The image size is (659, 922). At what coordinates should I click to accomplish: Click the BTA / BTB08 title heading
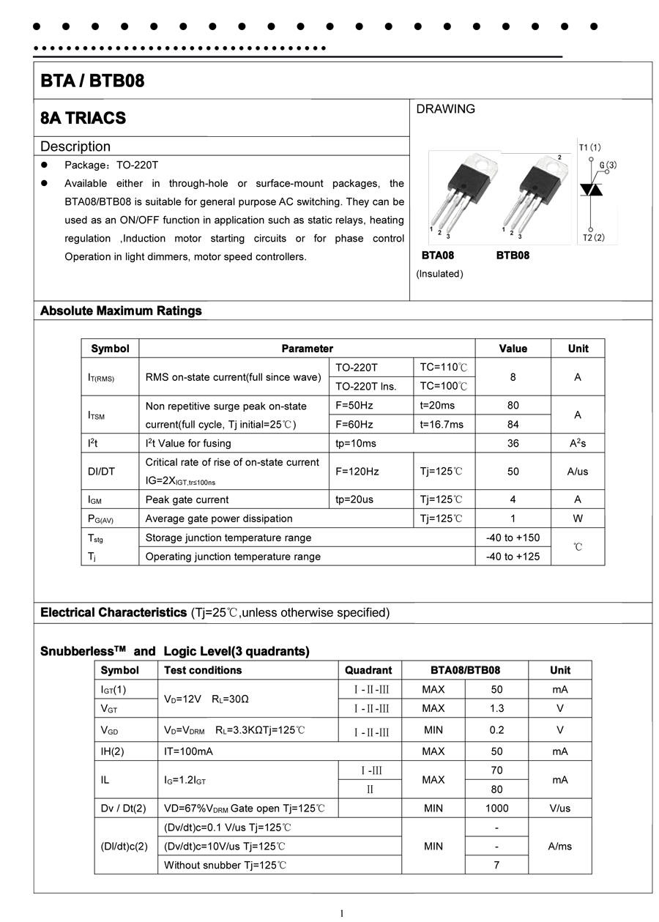pos(93,81)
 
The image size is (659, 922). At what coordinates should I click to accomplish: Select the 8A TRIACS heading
pos(83,118)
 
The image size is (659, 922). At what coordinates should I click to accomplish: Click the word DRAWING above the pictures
pos(445,109)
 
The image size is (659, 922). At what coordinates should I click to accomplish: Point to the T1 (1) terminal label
pos(589,147)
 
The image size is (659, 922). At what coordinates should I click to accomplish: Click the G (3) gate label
pos(608,166)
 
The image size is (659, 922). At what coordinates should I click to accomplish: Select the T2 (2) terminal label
pos(594,237)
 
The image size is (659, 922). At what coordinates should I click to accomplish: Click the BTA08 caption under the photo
pos(438,256)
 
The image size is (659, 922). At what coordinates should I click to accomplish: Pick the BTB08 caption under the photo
pos(513,256)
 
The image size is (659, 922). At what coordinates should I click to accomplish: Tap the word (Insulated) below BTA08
pos(439,274)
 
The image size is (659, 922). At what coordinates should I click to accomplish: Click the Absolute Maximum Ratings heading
pos(121,311)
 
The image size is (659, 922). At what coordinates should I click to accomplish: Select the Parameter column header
pos(307,349)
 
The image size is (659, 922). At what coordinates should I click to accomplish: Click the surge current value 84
pos(513,425)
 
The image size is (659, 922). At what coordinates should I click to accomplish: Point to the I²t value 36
pos(513,443)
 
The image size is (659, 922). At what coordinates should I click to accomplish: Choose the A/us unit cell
pos(578,472)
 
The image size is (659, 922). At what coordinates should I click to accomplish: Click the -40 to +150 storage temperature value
pos(513,538)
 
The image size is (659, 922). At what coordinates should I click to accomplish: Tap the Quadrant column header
pos(368,670)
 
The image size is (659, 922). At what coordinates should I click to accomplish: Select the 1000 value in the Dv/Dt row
pos(497,808)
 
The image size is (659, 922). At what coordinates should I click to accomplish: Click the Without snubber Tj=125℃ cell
pos(225,866)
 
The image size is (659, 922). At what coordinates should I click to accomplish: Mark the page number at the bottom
pos(341,912)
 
